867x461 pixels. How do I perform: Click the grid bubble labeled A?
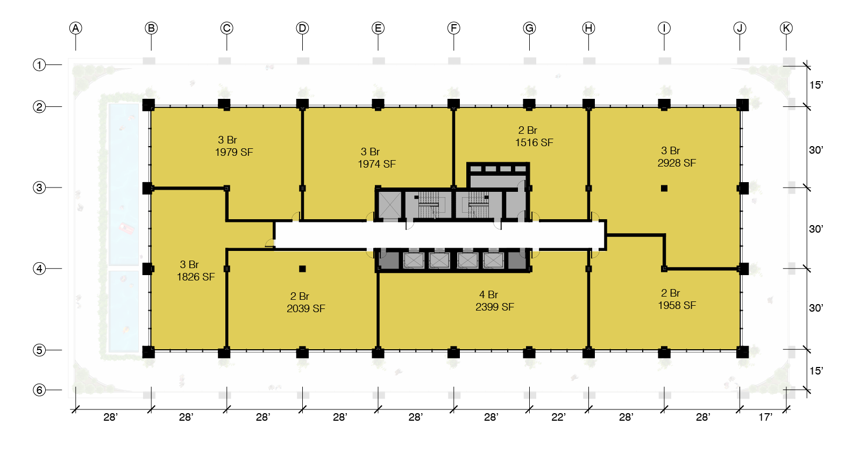76,28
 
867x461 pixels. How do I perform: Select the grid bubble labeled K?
786,28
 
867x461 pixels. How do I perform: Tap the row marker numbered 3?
39,188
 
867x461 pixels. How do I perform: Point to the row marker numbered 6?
39,390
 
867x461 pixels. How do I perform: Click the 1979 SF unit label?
233,152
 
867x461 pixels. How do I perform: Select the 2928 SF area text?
677,163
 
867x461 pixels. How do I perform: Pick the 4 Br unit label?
488,294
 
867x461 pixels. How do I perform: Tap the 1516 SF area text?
534,142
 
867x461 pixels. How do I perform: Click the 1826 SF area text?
196,277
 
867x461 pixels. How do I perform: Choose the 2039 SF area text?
305,308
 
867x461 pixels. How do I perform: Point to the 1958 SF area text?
677,305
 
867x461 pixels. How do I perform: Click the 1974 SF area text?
376,164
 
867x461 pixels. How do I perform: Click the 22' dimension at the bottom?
558,417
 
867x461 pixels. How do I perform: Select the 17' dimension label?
765,417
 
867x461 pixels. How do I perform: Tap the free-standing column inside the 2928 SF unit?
664,188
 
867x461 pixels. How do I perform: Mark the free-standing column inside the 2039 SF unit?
302,269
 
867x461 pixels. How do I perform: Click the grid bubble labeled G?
529,28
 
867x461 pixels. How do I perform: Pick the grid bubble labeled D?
302,28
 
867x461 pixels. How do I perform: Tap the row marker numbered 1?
39,65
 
